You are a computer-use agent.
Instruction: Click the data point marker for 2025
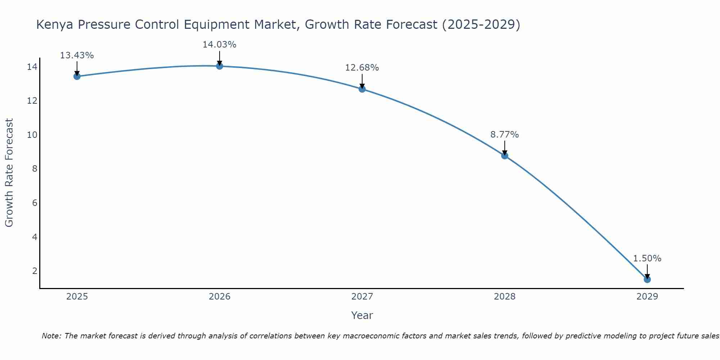(77, 76)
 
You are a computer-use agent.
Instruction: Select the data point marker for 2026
(220, 66)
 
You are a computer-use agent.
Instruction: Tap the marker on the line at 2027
(362, 89)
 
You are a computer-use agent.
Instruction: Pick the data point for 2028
(505, 156)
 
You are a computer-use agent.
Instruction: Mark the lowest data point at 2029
(647, 279)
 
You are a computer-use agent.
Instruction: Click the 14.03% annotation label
(219, 45)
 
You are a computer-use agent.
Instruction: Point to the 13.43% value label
(77, 55)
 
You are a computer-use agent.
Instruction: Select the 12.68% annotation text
(362, 68)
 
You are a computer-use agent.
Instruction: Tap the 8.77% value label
(504, 135)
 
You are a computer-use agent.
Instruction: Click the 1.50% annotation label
(647, 258)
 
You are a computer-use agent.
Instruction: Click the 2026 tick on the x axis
(220, 297)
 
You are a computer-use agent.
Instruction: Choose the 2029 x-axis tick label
(647, 297)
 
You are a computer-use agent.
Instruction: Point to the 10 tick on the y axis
(32, 135)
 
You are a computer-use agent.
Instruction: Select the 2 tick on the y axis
(35, 271)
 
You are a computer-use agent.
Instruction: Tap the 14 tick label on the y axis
(32, 67)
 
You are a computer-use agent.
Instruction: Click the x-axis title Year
(362, 315)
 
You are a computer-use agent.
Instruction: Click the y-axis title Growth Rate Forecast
(9, 173)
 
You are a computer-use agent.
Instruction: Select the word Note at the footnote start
(51, 336)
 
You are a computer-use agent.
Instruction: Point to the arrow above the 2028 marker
(505, 148)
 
